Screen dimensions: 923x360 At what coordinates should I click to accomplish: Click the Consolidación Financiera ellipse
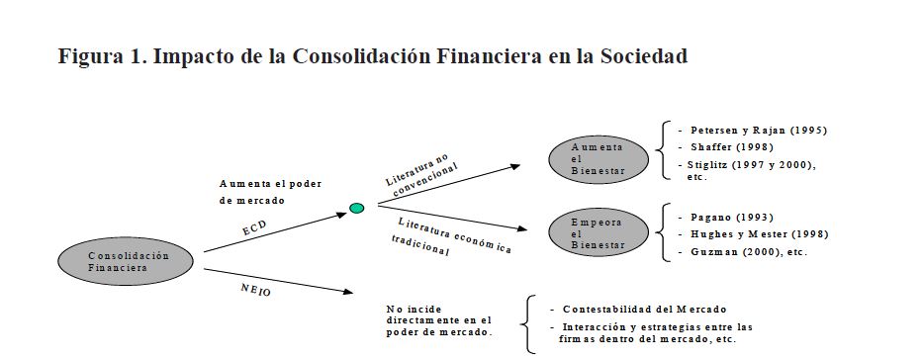click(x=126, y=261)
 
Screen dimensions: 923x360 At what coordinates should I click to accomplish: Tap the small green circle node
click(x=357, y=208)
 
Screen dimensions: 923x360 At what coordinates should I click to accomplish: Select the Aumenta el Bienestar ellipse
click(x=599, y=159)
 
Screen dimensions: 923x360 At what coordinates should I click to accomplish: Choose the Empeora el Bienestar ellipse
click(x=599, y=233)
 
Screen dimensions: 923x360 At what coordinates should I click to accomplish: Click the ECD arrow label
click(x=254, y=228)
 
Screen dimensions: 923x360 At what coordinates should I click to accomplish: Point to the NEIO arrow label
click(x=256, y=290)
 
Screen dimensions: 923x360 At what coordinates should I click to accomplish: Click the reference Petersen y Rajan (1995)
click(x=759, y=131)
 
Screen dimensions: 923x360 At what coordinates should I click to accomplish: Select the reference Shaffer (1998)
click(x=732, y=147)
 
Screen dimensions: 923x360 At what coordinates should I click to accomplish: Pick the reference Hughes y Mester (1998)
click(x=760, y=234)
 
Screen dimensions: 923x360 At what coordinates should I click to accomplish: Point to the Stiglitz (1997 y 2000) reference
click(x=750, y=165)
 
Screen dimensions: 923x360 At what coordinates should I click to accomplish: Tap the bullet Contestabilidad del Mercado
click(x=644, y=309)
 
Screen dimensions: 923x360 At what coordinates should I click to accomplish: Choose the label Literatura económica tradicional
click(x=451, y=237)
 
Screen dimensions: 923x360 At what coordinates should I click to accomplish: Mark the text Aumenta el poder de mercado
click(x=271, y=192)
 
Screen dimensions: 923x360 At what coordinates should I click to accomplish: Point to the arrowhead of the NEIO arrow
click(x=348, y=291)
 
